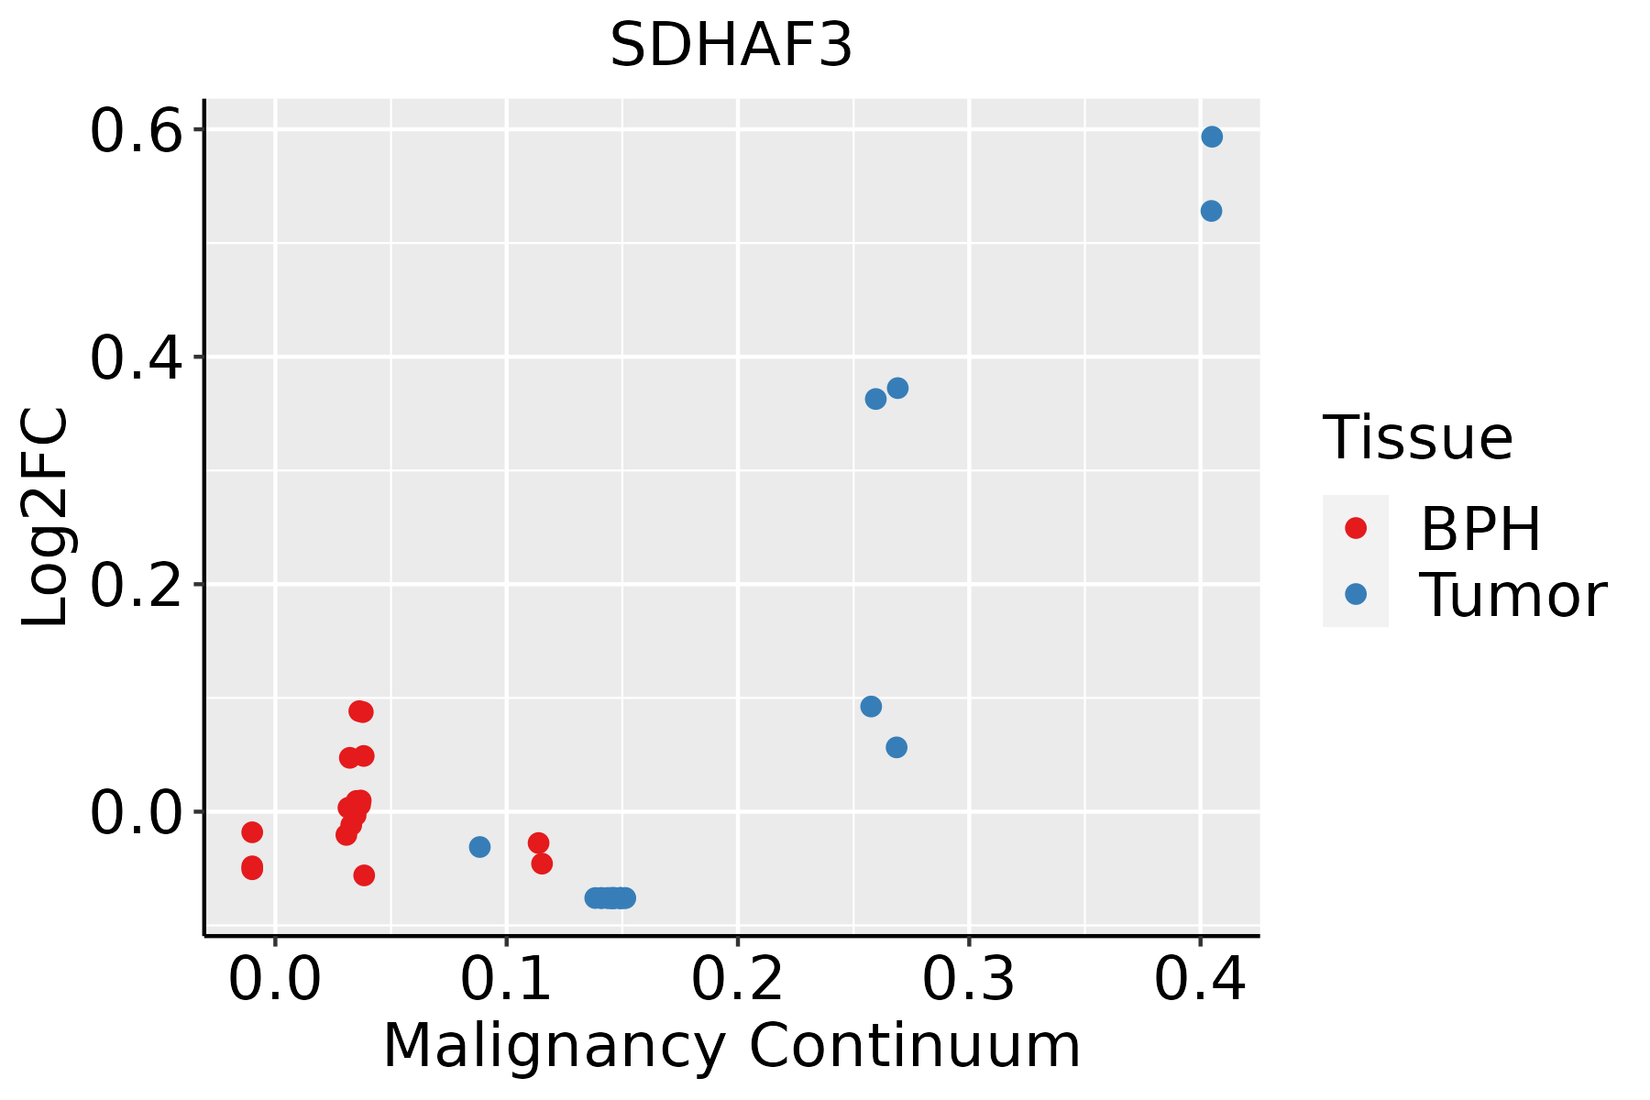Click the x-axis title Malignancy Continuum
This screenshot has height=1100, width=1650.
731,1046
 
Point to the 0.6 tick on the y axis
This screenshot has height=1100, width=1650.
134,131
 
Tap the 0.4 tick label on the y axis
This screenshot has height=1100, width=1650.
134,357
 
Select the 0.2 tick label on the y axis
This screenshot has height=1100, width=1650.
134,585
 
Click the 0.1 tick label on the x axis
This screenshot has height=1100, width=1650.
506,979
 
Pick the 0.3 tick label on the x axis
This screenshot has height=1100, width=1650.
968,979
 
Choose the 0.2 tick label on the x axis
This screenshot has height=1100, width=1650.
737,979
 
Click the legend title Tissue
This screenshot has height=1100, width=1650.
1418,437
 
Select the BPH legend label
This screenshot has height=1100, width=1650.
1480,529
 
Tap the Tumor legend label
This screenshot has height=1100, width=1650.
1512,596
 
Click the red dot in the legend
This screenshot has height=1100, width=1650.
1355,528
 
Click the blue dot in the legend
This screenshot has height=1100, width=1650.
1355,594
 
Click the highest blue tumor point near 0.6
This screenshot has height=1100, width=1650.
1212,137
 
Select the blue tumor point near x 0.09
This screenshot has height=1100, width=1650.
479,847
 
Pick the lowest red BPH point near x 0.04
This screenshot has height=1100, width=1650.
364,875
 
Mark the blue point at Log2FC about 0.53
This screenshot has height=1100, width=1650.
1211,211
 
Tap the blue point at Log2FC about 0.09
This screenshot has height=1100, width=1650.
871,707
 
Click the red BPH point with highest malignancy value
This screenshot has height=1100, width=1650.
542,863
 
